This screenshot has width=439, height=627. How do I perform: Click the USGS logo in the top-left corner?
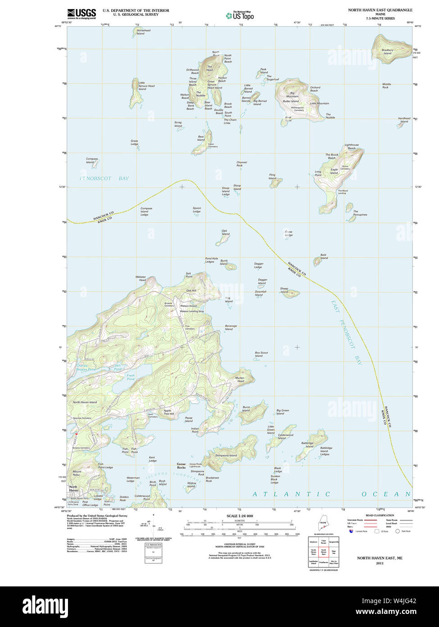(81, 14)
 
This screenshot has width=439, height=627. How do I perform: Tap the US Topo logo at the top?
(240, 15)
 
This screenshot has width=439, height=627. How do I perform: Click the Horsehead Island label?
(140, 32)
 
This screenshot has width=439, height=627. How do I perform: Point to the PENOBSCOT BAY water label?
(104, 179)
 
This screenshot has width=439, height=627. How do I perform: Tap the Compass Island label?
(92, 161)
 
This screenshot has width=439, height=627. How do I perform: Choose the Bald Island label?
(324, 257)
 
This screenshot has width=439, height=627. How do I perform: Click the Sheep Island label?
(284, 290)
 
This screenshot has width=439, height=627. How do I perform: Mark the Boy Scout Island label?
(261, 354)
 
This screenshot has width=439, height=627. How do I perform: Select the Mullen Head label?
(240, 379)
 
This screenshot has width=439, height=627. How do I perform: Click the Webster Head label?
(140, 278)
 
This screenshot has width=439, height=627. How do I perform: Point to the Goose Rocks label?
(181, 466)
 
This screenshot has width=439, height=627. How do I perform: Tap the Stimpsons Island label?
(226, 456)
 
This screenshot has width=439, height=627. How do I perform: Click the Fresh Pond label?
(131, 377)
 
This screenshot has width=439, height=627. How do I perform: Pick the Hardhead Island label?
(404, 120)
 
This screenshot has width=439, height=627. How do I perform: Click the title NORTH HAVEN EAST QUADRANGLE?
(380, 10)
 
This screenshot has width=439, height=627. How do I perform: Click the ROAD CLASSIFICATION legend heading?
(380, 516)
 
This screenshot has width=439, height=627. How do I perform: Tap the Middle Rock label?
(386, 86)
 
